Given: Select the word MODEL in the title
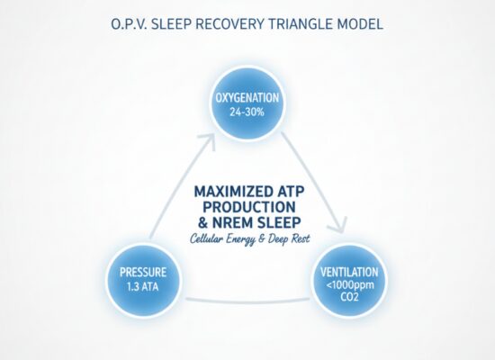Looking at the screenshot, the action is click(x=360, y=24).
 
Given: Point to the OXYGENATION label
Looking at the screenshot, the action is click(x=247, y=98).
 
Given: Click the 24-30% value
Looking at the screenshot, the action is click(x=247, y=112).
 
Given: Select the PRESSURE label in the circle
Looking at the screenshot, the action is click(x=143, y=272).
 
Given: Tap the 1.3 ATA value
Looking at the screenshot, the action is click(x=143, y=287).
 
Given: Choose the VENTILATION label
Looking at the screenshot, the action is click(x=349, y=272).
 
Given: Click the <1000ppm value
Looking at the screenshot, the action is click(x=350, y=285).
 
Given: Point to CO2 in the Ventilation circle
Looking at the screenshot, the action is click(x=349, y=297).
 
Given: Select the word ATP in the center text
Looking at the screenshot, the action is click(x=291, y=192).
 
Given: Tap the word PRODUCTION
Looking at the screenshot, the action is click(x=249, y=207).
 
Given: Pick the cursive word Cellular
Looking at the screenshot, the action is click(x=208, y=239).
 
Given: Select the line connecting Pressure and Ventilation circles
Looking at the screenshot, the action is click(x=247, y=301).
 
